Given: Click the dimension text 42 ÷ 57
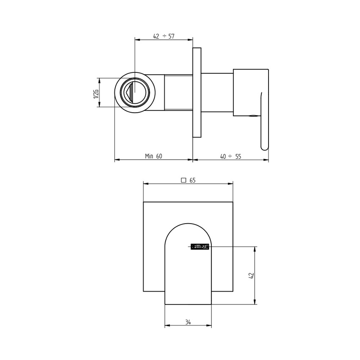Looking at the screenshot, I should [x=163, y=36].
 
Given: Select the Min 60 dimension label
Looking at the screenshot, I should [x=153, y=156].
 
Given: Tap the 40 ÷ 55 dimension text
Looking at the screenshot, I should [x=230, y=156].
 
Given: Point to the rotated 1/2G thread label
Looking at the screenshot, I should [x=96, y=93].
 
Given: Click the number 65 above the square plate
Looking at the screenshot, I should [x=192, y=180].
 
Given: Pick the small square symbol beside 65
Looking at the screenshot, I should [x=184, y=180].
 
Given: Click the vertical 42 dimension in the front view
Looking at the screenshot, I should [x=251, y=275].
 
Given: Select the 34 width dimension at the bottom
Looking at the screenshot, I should [x=188, y=322].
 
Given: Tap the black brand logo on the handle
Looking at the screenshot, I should [x=200, y=246].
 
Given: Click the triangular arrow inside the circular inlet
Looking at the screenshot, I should [x=131, y=93].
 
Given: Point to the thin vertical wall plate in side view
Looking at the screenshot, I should [x=197, y=93].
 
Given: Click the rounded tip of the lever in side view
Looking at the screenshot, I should [x=265, y=147].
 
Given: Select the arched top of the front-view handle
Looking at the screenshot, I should [x=188, y=229].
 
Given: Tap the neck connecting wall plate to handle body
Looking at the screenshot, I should [x=217, y=92].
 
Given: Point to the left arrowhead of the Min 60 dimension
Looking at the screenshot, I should [x=117, y=160].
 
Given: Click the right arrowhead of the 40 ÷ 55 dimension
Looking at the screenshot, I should [x=266, y=160].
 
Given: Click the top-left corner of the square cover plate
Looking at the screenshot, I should [x=144, y=202].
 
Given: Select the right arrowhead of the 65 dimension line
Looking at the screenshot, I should [x=231, y=184].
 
